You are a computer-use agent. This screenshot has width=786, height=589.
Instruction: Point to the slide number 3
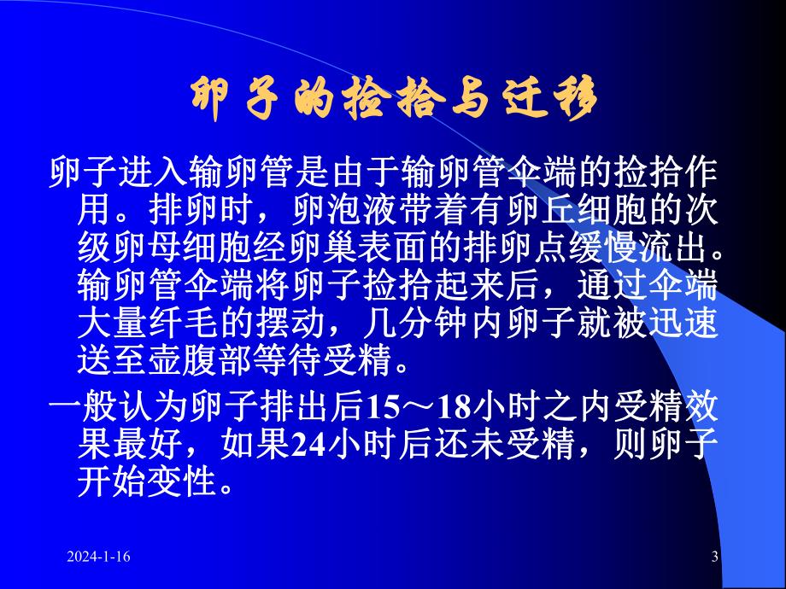pyautogui.click(x=714, y=557)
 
